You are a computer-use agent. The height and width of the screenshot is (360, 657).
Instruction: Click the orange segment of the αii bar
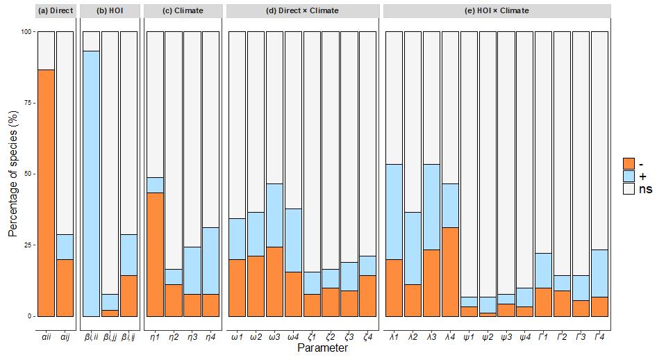point(46,193)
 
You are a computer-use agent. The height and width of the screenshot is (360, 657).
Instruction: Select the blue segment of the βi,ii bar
point(91,183)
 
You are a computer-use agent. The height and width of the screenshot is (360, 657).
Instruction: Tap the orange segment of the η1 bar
point(155,254)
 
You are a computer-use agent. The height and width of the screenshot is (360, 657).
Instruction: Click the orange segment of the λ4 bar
point(450,272)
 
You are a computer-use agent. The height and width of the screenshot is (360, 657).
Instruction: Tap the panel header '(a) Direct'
point(56,10)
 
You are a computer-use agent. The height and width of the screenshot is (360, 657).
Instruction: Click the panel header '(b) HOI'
point(110,10)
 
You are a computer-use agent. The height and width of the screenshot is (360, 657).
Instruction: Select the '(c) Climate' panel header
point(183,10)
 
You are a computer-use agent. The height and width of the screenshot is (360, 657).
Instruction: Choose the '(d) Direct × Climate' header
point(303,10)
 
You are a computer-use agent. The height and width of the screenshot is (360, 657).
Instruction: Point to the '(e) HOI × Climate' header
point(497,10)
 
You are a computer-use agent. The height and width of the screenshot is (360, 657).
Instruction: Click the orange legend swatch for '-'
point(629,163)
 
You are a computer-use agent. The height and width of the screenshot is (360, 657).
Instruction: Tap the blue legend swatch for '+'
point(629,176)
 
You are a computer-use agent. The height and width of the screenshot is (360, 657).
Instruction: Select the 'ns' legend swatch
point(629,188)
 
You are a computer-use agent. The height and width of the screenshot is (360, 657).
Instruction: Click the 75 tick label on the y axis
point(27,103)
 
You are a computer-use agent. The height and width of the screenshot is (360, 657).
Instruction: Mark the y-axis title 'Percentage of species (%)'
point(13,174)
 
